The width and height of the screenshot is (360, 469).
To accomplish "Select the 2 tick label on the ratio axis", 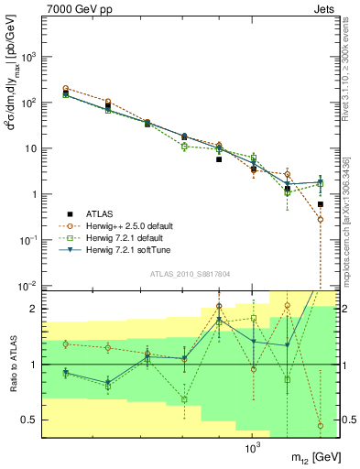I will tap(30, 309).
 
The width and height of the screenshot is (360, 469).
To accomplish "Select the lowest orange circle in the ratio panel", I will tap(320, 426).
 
